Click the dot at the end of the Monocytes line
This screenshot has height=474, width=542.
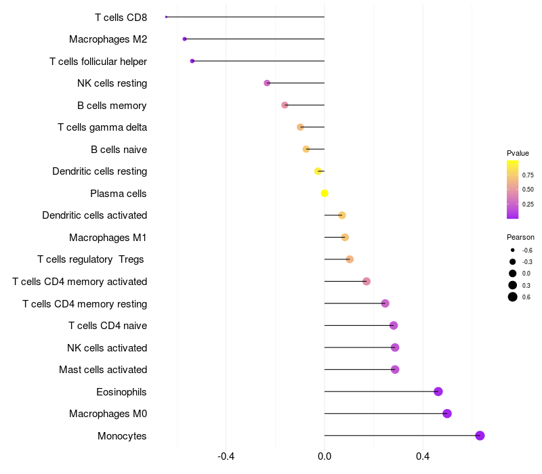pos(480,435)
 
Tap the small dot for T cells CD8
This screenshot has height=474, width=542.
pos(166,17)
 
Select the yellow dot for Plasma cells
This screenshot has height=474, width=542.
pos(325,193)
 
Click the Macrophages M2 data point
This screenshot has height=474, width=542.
pos(184,39)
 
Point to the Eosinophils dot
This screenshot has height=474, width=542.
pos(438,391)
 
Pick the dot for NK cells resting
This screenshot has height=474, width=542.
pos(267,83)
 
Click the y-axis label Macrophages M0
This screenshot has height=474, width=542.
pos(108,414)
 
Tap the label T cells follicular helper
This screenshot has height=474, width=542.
pos(98,62)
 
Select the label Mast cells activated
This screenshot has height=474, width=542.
pos(103,370)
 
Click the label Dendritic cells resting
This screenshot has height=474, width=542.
pos(100,171)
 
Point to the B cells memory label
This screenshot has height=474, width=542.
pos(112,106)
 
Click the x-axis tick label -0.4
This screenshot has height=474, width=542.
pos(226,456)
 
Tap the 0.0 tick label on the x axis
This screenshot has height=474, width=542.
pos(325,456)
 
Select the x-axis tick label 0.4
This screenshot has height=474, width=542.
pos(423,456)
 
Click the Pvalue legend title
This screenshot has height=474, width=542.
pos(518,153)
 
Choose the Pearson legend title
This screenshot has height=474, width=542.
pos(520,237)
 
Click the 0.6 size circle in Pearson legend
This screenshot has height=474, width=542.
pos(513,297)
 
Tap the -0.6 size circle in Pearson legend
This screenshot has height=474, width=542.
pos(513,251)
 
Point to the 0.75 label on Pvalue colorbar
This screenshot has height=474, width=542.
pos(528,175)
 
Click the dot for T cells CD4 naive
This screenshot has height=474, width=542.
pos(394,326)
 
